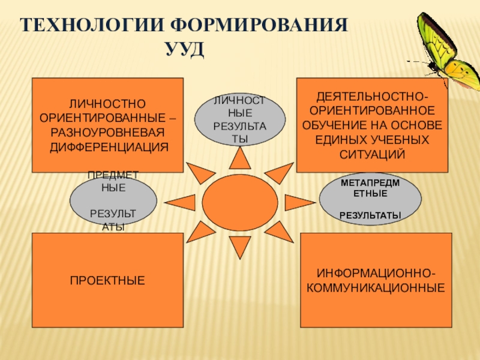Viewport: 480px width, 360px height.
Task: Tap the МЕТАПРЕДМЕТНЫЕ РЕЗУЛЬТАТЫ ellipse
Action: (x=370, y=198)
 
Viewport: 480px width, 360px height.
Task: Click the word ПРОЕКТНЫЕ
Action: (x=108, y=280)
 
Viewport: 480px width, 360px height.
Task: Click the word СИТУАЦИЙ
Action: (x=373, y=155)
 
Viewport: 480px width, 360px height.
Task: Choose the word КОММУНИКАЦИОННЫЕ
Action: (x=376, y=287)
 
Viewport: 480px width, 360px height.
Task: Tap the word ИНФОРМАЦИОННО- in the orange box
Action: (x=376, y=274)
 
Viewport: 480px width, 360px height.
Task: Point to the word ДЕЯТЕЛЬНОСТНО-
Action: (x=373, y=97)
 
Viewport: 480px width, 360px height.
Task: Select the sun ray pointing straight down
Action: (x=240, y=246)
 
